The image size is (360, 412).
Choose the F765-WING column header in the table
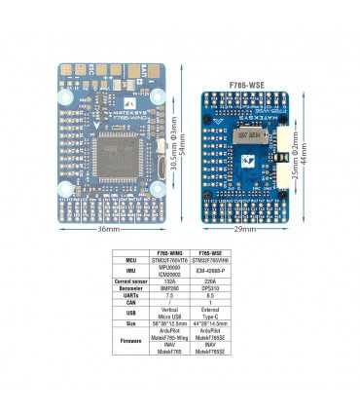(x=172, y=253)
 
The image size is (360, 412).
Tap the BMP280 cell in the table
(x=172, y=288)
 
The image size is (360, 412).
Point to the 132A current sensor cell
(x=172, y=281)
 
